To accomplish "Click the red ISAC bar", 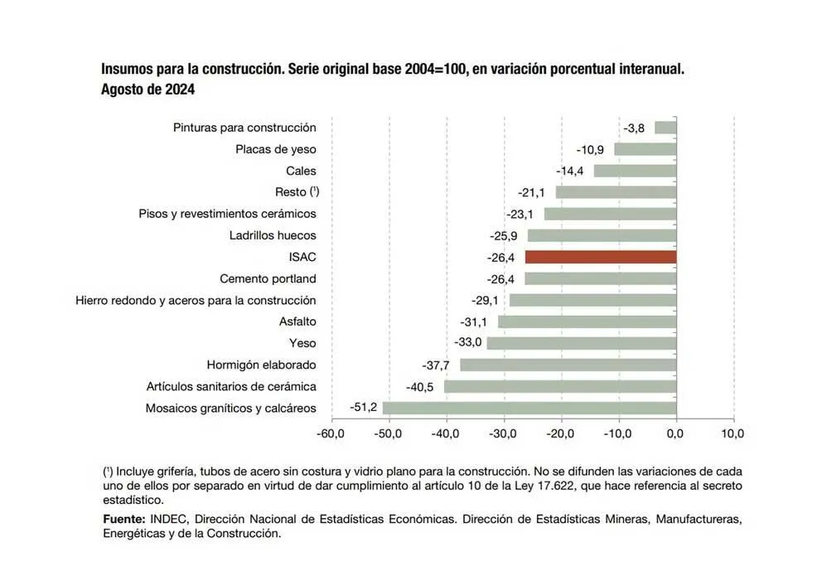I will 600,257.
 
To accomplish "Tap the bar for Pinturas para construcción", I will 665,128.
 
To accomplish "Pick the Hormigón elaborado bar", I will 568,365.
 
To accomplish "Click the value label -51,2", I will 363,408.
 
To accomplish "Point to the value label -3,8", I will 635,128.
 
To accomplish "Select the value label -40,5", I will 420,386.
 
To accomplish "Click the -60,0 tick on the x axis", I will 331,433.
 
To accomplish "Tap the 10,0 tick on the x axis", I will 733,433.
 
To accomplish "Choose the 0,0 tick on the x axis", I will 676,433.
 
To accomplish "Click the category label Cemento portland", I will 268,278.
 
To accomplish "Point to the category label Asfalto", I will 297,322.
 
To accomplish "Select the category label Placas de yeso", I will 275,149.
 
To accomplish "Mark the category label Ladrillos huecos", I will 273,235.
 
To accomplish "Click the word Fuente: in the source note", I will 124,519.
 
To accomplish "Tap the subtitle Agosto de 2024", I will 147,90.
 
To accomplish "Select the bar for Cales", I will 635,171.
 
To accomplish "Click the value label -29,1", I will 485,300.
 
